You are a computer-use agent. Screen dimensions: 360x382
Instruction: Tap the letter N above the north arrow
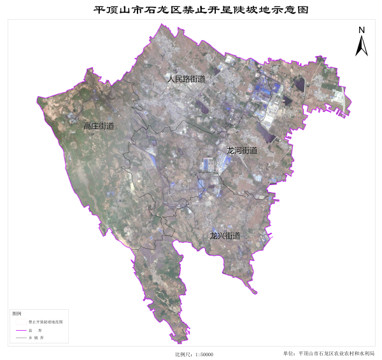click(361, 30)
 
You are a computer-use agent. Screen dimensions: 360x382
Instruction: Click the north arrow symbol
click(361, 46)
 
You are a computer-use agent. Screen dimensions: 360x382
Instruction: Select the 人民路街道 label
click(186, 80)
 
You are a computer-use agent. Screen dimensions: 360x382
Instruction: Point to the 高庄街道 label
click(99, 127)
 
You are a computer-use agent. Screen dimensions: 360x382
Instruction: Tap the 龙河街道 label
click(242, 151)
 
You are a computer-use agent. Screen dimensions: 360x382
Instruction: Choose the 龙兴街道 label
click(225, 236)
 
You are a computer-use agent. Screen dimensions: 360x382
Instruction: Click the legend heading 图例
click(17, 314)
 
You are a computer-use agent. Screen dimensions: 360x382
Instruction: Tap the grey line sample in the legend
click(21, 338)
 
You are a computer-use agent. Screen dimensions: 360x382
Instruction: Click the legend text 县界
click(41, 331)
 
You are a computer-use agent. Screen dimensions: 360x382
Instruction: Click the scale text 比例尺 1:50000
click(194, 354)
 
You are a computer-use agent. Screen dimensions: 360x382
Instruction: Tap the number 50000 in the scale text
click(204, 354)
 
